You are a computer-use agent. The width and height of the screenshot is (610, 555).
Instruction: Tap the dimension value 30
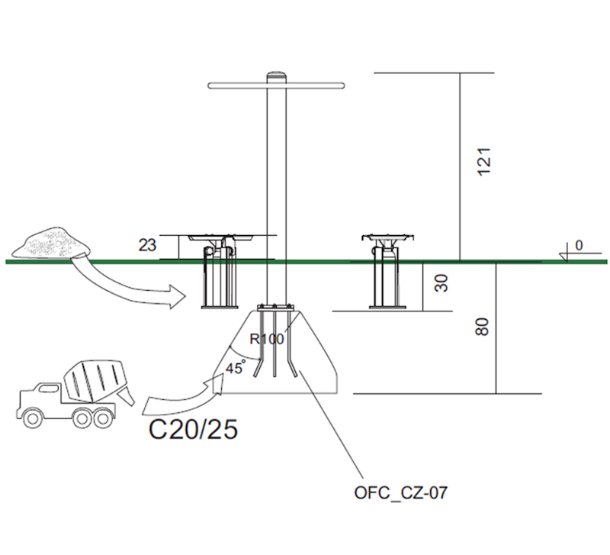tap(441, 283)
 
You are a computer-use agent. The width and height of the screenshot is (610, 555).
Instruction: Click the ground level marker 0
tap(579, 246)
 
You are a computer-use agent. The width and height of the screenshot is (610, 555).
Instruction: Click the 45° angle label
tap(235, 367)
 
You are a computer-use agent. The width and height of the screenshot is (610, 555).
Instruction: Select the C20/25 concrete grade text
tap(192, 430)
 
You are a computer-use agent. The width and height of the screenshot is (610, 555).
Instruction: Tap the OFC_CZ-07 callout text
tap(400, 493)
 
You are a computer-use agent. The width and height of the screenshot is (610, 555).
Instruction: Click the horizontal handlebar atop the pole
tap(229, 85)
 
